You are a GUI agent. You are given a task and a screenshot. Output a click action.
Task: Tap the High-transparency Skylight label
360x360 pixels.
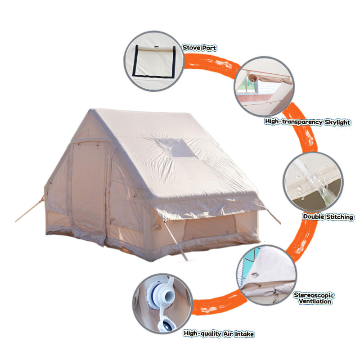point(308,122)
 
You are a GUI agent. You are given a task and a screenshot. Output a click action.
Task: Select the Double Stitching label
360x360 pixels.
point(328,217)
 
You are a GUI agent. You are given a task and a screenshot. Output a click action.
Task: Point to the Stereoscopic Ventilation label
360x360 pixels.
point(314,298)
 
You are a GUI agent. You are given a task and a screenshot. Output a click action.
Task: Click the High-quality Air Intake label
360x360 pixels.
point(219,334)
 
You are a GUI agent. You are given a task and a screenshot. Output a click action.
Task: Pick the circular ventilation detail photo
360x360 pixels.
point(265,275)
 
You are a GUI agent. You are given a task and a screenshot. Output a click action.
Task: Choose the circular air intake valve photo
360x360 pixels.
point(162,303)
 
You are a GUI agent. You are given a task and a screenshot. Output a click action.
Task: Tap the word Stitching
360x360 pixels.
point(338,217)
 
